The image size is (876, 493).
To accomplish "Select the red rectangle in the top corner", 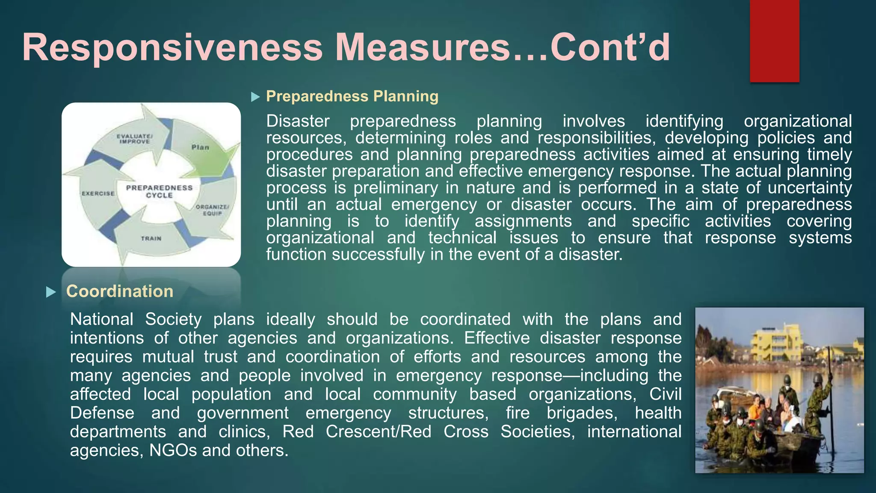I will click(x=774, y=41).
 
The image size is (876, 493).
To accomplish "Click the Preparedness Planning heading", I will click(x=352, y=96).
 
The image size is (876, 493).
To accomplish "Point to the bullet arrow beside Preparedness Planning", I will click(x=255, y=97).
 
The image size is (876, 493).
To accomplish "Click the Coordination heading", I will click(x=120, y=291).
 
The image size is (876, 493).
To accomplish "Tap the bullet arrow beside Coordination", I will click(x=51, y=292).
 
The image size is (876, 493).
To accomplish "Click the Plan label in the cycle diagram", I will click(x=200, y=147).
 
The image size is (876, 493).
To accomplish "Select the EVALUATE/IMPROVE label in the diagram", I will click(x=135, y=139).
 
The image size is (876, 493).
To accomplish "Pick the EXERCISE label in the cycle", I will click(x=98, y=193).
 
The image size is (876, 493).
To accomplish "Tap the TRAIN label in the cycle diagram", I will click(x=151, y=238).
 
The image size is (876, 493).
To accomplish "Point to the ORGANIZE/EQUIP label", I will click(x=212, y=210).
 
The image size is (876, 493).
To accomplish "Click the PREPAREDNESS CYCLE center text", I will click(x=159, y=191).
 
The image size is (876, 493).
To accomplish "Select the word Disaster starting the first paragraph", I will click(x=298, y=121).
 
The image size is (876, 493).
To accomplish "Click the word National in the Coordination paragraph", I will click(x=102, y=319).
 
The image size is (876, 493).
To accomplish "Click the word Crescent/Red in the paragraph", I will click(x=379, y=431).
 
